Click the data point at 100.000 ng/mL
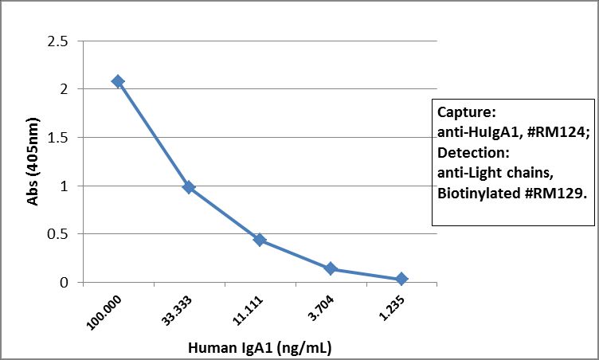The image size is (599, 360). coord(118,81)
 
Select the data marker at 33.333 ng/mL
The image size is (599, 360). coord(189,187)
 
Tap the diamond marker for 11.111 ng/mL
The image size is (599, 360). coord(260,240)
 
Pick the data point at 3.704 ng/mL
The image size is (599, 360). coord(331,269)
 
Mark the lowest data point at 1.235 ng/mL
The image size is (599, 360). coord(401,279)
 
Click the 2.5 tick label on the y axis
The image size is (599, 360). coord(58,41)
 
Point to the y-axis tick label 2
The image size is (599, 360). coord(65,89)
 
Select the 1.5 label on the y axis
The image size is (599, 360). coord(58,138)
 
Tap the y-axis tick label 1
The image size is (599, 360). coord(65,186)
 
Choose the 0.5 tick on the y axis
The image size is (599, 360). coord(58,234)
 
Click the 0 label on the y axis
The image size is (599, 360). coord(65,283)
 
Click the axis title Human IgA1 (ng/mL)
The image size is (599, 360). coord(260,347)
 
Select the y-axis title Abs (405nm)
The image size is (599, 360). coord(33,162)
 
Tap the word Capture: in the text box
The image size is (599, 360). coord(467,111)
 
